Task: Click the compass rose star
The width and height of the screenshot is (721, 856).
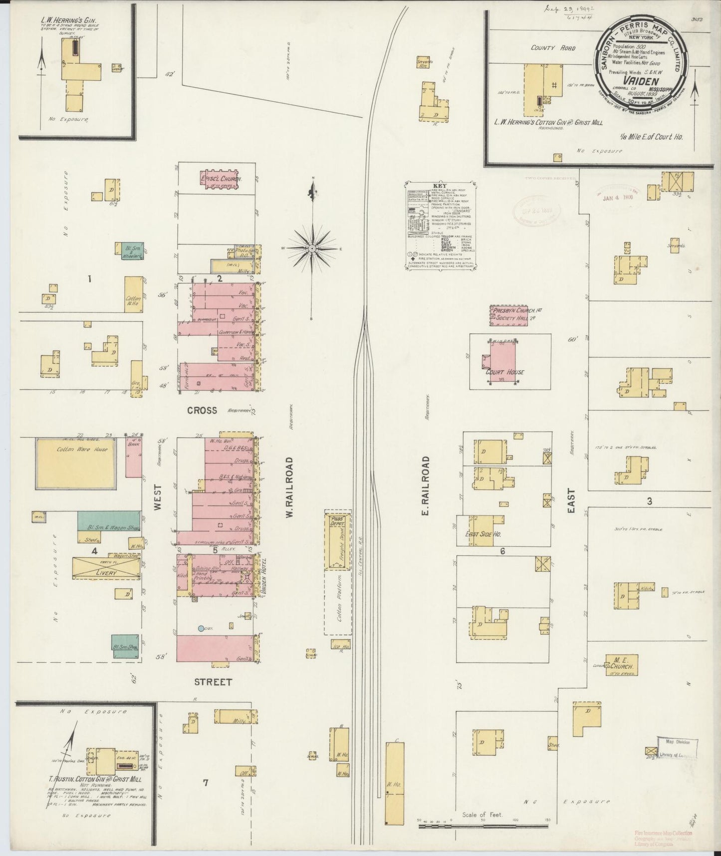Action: point(311,248)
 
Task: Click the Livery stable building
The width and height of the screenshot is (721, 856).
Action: point(105,568)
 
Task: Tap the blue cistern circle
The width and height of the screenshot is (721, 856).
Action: point(201,628)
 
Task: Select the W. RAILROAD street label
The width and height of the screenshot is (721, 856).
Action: point(289,487)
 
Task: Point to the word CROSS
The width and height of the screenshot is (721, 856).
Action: point(202,411)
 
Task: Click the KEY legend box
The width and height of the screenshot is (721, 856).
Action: point(439,225)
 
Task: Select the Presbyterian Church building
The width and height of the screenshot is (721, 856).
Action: point(515,316)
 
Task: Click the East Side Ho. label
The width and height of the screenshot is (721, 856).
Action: point(483,534)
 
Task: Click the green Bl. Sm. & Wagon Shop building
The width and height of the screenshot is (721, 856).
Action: point(108,521)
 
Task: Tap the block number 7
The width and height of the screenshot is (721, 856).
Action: point(205,782)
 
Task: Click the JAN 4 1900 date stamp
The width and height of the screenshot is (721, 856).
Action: point(618,198)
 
